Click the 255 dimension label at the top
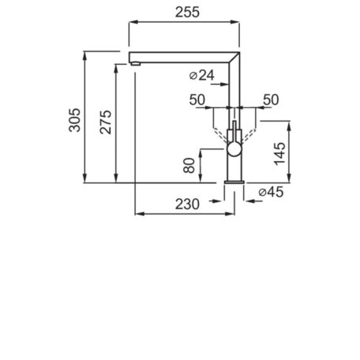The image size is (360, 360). click(x=187, y=13)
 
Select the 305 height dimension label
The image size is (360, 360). click(x=74, y=120)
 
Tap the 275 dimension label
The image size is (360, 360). click(x=106, y=122)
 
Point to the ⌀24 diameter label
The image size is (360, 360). click(x=202, y=76)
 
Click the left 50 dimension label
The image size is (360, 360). click(x=197, y=100)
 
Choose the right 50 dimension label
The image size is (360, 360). click(x=271, y=100)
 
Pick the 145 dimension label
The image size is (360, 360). click(x=279, y=154)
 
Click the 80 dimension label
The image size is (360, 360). click(x=189, y=166)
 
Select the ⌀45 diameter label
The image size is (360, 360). click(x=271, y=192)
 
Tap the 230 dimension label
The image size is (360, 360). click(x=187, y=204)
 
